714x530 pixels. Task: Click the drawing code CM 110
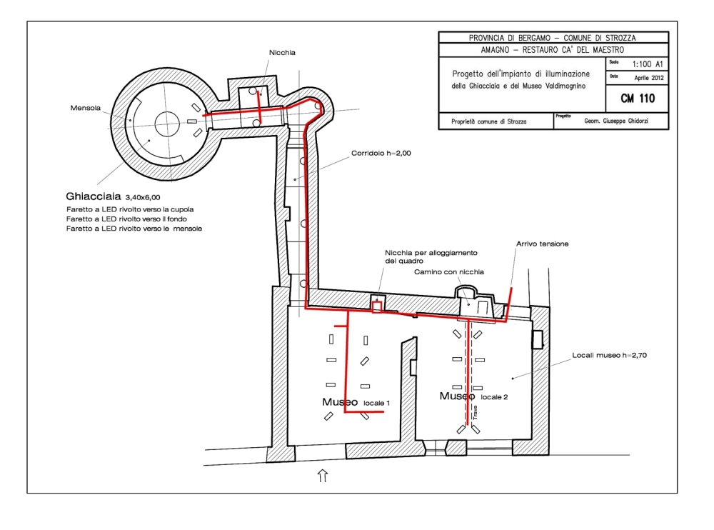(x=638, y=98)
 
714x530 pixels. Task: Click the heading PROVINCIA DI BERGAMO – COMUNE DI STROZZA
(x=553, y=38)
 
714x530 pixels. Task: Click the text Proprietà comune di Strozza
(x=488, y=121)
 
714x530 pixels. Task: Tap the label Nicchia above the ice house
(x=282, y=52)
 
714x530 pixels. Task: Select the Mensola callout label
(x=85, y=109)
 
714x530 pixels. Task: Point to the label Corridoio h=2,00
(x=381, y=153)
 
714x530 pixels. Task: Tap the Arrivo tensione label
(x=542, y=244)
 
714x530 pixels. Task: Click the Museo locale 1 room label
(x=356, y=402)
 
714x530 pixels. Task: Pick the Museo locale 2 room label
(x=473, y=396)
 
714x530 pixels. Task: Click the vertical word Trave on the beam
(x=473, y=412)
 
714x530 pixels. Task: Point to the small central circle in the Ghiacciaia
(x=166, y=122)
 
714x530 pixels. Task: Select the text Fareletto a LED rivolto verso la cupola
(x=130, y=209)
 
